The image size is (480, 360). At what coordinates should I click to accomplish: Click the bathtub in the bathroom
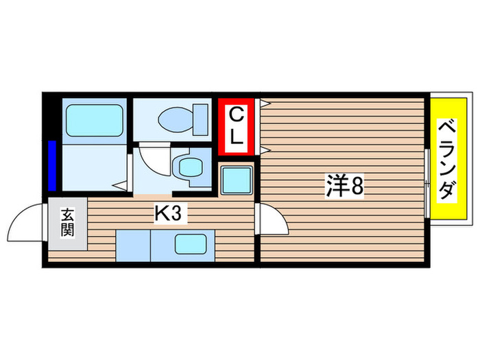click(x=94, y=121)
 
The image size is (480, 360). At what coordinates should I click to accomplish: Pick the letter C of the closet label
click(x=235, y=115)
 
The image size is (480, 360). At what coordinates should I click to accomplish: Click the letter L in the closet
click(x=235, y=136)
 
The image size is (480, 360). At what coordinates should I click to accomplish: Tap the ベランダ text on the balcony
click(x=446, y=160)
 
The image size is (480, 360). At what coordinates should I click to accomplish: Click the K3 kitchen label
click(x=167, y=215)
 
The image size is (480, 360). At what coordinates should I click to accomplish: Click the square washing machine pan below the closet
click(x=237, y=180)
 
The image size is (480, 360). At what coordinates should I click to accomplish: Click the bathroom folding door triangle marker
click(x=120, y=184)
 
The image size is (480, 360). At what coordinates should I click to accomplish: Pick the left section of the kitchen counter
click(x=133, y=245)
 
